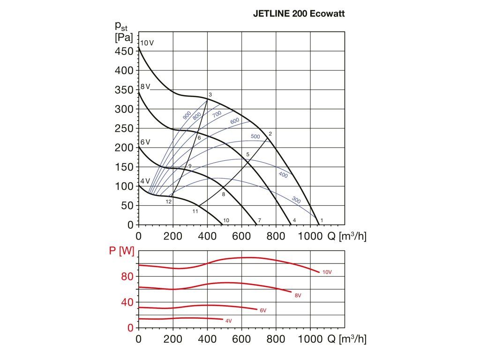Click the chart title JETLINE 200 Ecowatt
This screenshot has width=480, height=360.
pyautogui.click(x=299, y=14)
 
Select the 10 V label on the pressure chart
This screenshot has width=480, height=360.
pyautogui.click(x=147, y=43)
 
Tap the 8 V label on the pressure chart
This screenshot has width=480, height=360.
pyautogui.click(x=145, y=87)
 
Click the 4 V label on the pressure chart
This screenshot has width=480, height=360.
pyautogui.click(x=145, y=181)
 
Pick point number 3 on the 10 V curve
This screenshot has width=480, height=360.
pyautogui.click(x=210, y=95)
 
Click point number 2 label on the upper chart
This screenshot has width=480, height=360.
pyautogui.click(x=270, y=134)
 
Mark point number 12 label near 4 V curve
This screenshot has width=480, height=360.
pyautogui.click(x=168, y=202)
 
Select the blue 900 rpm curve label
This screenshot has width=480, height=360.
pyautogui.click(x=187, y=115)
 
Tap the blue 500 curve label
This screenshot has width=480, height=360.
pyautogui.click(x=255, y=136)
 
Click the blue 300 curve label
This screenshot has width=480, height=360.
pyautogui.click(x=296, y=200)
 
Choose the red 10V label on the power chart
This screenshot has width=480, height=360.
pyautogui.click(x=327, y=272)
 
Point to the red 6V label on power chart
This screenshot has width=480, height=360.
pyautogui.click(x=262, y=310)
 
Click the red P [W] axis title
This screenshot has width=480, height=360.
pyautogui.click(x=121, y=251)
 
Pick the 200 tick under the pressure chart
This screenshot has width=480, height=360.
pyautogui.click(x=173, y=236)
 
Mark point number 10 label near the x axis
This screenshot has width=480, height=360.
pyautogui.click(x=226, y=220)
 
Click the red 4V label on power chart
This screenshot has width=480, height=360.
pyautogui.click(x=228, y=321)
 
